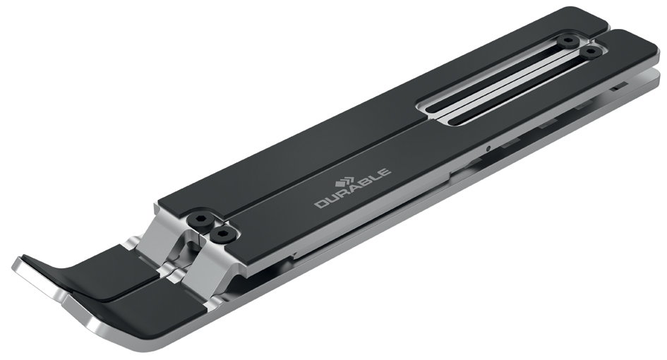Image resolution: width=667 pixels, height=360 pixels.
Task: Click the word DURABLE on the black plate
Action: pos(353,188)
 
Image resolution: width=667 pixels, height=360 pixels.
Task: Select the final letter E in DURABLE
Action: pos(384,172)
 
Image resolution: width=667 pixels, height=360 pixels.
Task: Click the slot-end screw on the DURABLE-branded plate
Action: pos(591,52)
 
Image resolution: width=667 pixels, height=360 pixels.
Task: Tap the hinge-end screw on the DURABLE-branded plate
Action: pos(222,234)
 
